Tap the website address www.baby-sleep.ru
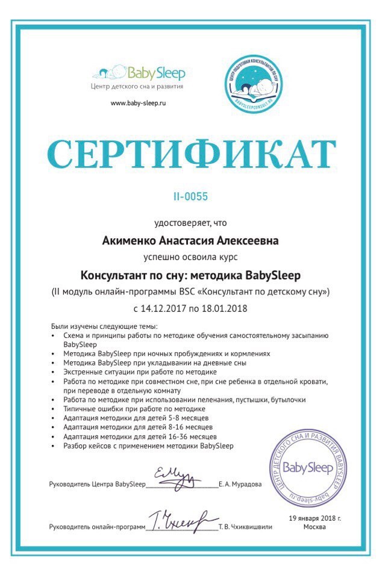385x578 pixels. [138, 103]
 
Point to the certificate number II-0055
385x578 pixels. [192, 196]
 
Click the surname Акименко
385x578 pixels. [132, 241]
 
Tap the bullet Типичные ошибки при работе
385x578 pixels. [121, 409]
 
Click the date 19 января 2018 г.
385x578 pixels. [315, 517]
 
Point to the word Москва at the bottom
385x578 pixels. [315, 526]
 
